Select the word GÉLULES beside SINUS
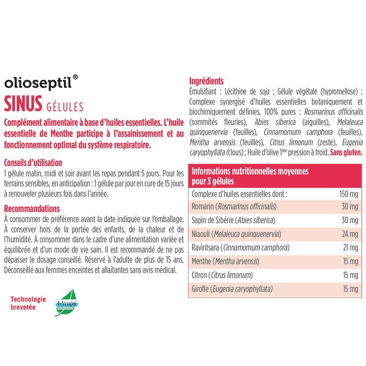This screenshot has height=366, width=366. tap(65, 106)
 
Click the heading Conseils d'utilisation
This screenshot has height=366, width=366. tap(32, 163)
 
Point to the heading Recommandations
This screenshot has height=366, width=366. tap(31, 209)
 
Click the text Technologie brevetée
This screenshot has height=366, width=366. tap(28, 303)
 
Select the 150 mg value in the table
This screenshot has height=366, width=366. tap(348, 194)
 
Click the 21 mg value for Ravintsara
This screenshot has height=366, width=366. tap(350, 248)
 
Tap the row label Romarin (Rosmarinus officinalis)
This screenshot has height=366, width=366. tap(234, 207)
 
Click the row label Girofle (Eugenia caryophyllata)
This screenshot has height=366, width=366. tap(232, 289)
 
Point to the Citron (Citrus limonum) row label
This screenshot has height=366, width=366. tap(222, 275)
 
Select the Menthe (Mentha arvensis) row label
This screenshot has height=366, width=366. tap(226, 262)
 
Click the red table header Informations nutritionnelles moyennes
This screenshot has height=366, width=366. tap(250, 172)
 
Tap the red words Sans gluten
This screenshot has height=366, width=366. tap(347, 152)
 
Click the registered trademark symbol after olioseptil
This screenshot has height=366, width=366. tap(75, 78)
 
